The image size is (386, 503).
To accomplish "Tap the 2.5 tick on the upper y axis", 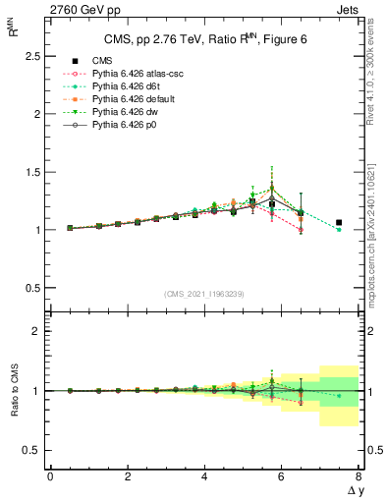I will [33, 56].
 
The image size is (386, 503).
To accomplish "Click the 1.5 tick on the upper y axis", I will [33, 172].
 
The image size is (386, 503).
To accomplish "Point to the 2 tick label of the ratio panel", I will [38, 332].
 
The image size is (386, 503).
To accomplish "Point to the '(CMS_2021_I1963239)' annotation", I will [204, 293].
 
